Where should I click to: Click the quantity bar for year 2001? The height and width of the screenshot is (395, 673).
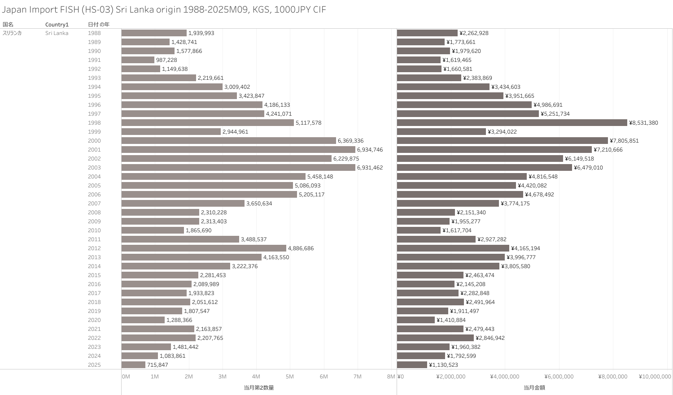pyautogui.click(x=238, y=150)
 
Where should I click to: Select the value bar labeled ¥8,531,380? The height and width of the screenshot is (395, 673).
pyautogui.click(x=512, y=123)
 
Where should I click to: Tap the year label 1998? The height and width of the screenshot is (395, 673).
pyautogui.click(x=94, y=123)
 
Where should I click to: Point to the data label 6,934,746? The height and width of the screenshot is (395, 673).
pyautogui.click(x=370, y=150)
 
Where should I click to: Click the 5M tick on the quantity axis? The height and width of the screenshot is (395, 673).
pyautogui.click(x=290, y=377)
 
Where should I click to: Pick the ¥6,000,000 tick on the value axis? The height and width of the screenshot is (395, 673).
pyautogui.click(x=559, y=377)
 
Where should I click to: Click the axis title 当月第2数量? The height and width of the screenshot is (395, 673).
pyautogui.click(x=258, y=387)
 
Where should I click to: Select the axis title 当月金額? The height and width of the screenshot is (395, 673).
pyautogui.click(x=534, y=387)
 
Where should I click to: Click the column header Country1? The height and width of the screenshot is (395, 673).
pyautogui.click(x=57, y=24)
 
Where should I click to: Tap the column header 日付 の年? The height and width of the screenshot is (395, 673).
pyautogui.click(x=98, y=24)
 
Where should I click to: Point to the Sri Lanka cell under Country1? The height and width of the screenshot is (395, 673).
pyautogui.click(x=57, y=33)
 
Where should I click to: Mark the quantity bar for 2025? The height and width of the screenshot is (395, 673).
pyautogui.click(x=133, y=365)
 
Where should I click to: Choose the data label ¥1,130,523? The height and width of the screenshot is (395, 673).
pyautogui.click(x=443, y=365)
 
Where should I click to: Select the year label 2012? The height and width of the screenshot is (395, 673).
pyautogui.click(x=94, y=248)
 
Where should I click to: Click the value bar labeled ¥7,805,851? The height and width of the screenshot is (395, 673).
pyautogui.click(x=502, y=141)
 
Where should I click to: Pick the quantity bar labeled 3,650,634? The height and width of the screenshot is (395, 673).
pyautogui.click(x=183, y=204)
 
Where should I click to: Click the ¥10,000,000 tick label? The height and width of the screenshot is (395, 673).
pyautogui.click(x=655, y=377)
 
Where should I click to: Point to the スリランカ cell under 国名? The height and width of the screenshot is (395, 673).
pyautogui.click(x=12, y=33)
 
